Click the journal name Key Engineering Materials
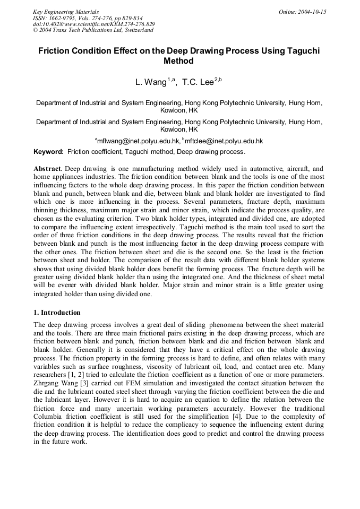coord(65,11)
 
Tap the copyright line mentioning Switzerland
coord(93,30)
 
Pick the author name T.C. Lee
coord(198,82)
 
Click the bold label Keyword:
coord(48,152)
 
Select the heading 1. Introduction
coord(57,313)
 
